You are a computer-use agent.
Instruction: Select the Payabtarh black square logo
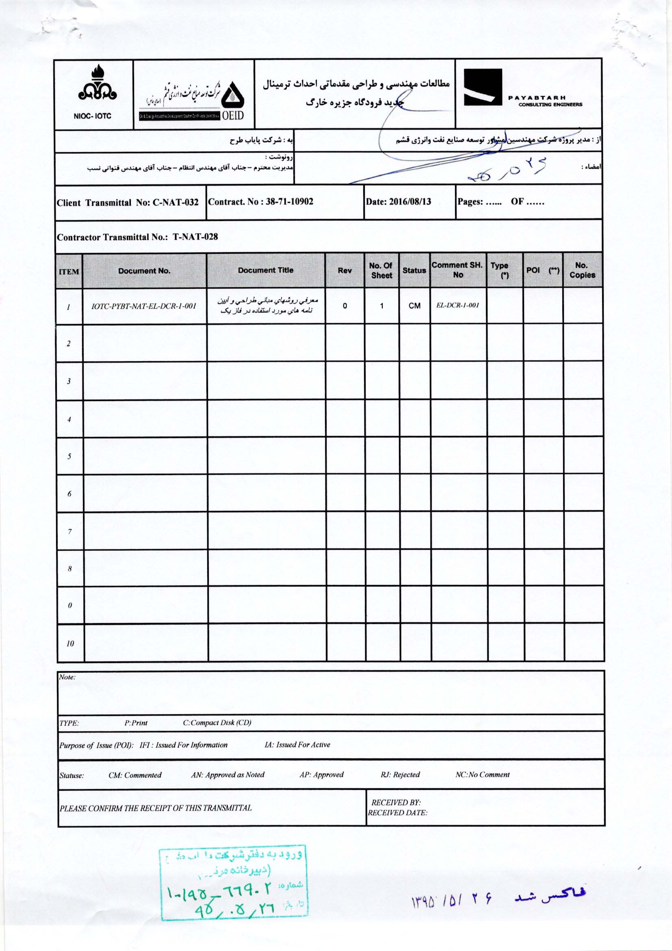(x=483, y=87)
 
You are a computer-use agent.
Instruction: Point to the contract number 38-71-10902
(x=289, y=202)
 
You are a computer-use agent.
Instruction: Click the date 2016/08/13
(x=410, y=202)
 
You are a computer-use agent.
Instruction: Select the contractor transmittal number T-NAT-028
(x=195, y=237)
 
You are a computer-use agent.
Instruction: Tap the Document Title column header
(x=266, y=270)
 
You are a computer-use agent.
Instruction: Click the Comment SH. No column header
(x=457, y=270)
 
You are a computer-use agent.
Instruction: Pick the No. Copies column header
(x=582, y=270)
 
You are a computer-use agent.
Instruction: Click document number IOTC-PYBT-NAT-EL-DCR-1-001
(x=144, y=307)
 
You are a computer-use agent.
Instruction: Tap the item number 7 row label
(x=69, y=531)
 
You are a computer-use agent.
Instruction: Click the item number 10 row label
(x=70, y=643)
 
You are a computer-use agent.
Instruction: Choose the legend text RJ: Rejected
(x=400, y=774)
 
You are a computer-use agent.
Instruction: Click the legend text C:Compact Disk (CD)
(x=217, y=723)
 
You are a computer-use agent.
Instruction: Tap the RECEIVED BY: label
(x=396, y=803)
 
